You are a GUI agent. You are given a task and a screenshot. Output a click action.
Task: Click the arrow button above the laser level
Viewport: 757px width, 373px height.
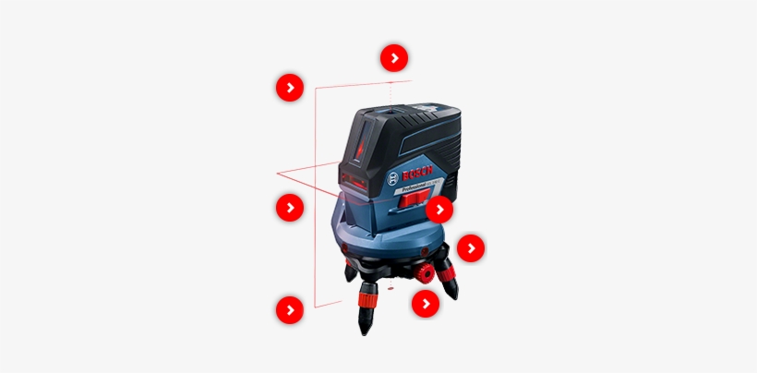pyautogui.click(x=394, y=58)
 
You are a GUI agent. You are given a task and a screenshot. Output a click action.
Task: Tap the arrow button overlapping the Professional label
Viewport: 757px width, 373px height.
pyautogui.click(x=439, y=210)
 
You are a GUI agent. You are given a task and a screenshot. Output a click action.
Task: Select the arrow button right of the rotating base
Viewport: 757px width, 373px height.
pyautogui.click(x=471, y=248)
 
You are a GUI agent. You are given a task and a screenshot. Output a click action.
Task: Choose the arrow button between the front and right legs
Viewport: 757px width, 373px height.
pyautogui.click(x=425, y=303)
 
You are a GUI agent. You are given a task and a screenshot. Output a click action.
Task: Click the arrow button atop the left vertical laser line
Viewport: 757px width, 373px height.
pyautogui.click(x=290, y=88)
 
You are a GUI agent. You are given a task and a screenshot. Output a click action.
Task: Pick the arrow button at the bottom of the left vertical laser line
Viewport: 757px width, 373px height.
pyautogui.click(x=290, y=309)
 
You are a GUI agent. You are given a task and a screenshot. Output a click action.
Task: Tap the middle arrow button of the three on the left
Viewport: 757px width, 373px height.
pyautogui.click(x=290, y=208)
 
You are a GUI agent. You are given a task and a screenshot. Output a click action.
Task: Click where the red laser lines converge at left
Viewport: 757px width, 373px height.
pyautogui.click(x=278, y=173)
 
